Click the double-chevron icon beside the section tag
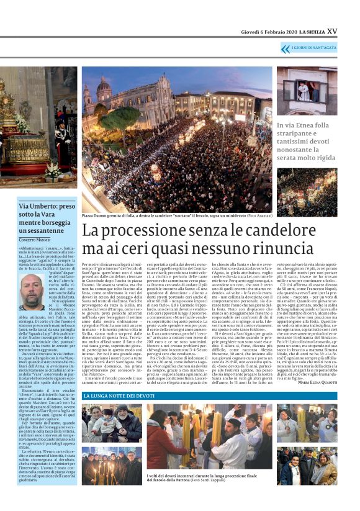click(286, 48)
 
